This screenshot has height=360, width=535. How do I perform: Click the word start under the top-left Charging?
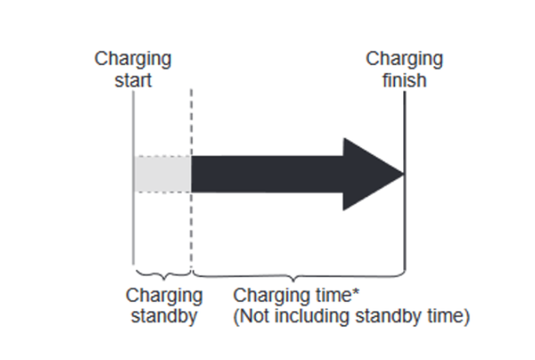click(x=133, y=80)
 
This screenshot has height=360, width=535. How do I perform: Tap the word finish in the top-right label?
click(x=405, y=80)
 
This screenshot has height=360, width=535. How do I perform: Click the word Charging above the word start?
click(x=134, y=60)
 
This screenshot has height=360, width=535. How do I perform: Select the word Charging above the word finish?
click(x=405, y=60)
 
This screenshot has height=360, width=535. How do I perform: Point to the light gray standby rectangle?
click(x=162, y=174)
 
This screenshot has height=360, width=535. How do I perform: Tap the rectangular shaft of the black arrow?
click(x=267, y=174)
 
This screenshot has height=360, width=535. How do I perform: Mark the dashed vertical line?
click(x=191, y=223)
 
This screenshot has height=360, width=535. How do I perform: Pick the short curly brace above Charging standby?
click(x=161, y=273)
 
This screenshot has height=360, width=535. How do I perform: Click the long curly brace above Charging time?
click(x=299, y=273)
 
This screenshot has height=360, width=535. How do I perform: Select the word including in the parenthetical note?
click(x=308, y=315)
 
